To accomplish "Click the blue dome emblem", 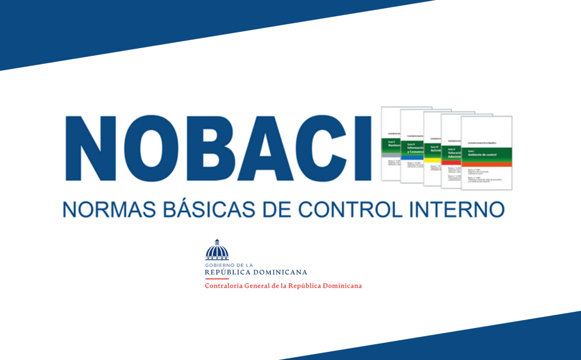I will tap(217, 250).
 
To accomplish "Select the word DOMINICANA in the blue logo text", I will tap(283, 272).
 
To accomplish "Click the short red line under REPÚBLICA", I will tap(217, 279).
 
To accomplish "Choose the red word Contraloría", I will tap(225, 286).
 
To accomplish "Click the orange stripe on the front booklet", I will tap(487, 165).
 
